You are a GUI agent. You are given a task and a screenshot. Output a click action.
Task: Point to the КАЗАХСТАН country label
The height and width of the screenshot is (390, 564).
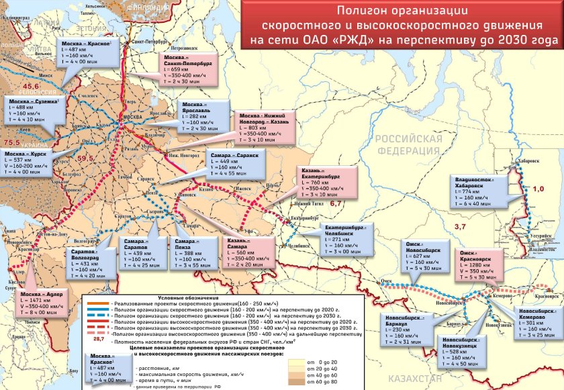(412, 379)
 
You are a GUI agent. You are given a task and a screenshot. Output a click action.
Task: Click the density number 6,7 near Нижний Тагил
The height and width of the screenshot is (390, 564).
(336, 202)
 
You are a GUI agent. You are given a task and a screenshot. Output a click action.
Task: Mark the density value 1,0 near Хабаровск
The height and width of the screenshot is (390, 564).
(538, 190)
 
